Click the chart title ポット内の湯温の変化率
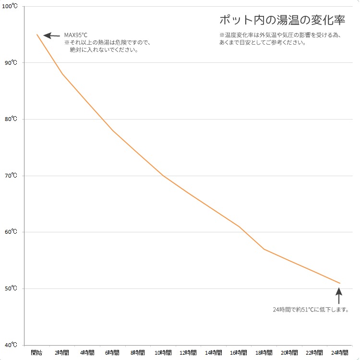(x=282, y=20)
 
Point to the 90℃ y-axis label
(x=11, y=63)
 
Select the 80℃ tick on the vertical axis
(x=11, y=119)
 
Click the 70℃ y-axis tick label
(x=11, y=176)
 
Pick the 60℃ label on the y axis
(x=11, y=232)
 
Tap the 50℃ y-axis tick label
(x=11, y=288)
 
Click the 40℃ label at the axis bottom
(x=11, y=345)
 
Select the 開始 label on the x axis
(x=36, y=353)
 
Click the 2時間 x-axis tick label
(x=61, y=353)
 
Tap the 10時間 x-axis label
(x=163, y=353)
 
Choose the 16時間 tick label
(x=239, y=353)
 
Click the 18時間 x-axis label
(x=264, y=353)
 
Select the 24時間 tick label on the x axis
(x=339, y=353)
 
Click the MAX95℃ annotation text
(x=76, y=35)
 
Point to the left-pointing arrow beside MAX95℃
(x=51, y=35)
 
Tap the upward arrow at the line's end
(x=339, y=296)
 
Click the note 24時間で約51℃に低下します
(x=311, y=310)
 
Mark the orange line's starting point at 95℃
(x=37, y=35)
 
